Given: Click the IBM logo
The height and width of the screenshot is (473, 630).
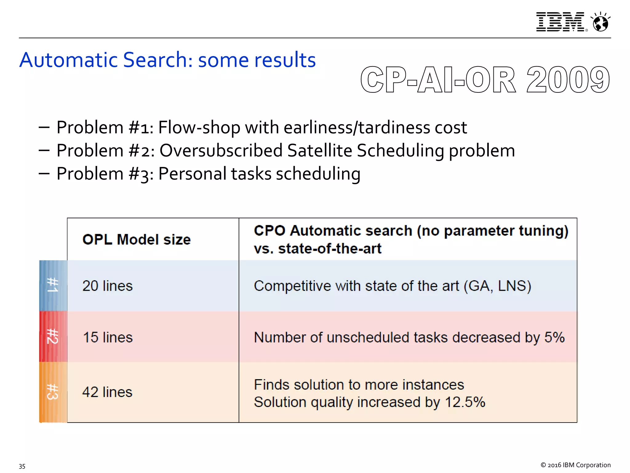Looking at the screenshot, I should pos(560,22).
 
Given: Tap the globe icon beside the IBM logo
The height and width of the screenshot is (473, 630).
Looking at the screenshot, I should pos(600,22).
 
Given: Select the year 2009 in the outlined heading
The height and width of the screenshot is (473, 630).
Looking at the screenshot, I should pos(568,80).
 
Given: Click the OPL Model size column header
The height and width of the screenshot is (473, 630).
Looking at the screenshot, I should pos(137,240).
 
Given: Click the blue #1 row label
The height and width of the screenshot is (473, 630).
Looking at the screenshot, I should pos(53,285).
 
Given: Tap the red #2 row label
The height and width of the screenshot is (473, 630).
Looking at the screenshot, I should pos(53,336).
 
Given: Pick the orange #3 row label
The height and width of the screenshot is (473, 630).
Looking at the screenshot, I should pos(53,392).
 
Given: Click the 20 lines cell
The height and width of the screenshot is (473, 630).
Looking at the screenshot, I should pos(108,286).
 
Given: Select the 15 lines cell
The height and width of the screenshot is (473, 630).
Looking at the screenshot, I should pos(108,337).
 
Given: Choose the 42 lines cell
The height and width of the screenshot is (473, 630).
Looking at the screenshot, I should pos(107,392).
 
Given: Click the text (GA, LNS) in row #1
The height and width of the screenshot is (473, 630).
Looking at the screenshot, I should pos(497,286).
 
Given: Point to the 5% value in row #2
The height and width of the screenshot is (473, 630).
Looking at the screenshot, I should pos(554,337).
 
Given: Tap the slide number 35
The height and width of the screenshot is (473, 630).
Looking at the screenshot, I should pos(22,466).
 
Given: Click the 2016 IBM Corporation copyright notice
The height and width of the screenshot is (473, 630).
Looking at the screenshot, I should pos(576,465).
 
